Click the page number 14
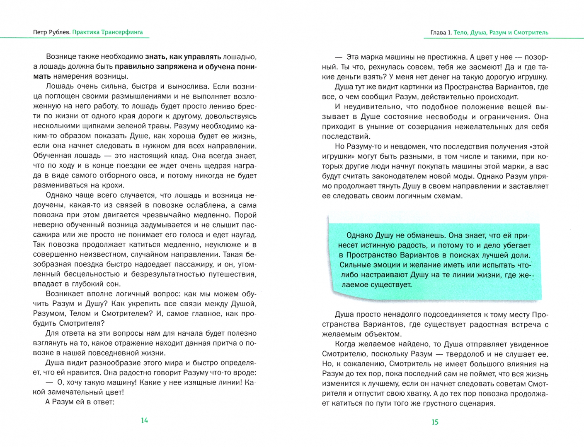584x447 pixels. (x=144, y=421)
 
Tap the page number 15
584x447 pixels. (x=435, y=422)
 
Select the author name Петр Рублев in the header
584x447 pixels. (x=51, y=32)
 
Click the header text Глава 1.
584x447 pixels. (x=441, y=32)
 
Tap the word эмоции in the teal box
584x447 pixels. (x=388, y=265)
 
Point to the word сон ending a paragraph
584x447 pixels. (x=114, y=284)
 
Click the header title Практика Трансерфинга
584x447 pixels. (x=107, y=32)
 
